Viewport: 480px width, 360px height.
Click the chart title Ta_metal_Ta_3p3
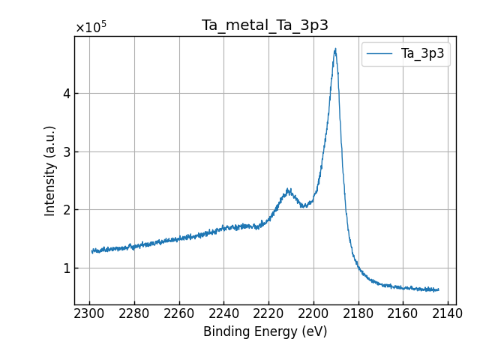(265, 25)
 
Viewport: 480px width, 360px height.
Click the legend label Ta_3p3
(422, 54)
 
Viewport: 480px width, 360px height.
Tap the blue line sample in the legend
(380, 54)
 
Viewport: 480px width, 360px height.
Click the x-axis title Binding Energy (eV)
(265, 331)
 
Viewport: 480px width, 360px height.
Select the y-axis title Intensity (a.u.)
(50, 170)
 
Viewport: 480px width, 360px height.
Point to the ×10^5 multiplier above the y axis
(91, 28)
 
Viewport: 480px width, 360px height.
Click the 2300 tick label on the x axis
(90, 312)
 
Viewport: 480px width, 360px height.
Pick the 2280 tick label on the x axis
(135, 312)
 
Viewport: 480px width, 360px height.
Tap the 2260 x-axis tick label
(179, 312)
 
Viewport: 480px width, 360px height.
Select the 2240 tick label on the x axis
(224, 312)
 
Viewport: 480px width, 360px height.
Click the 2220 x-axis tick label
(269, 312)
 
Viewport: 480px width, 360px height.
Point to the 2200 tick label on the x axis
(314, 312)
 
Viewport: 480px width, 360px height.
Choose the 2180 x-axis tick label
(358, 312)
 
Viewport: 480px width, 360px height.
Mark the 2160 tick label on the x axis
(403, 312)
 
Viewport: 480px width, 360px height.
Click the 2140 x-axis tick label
(448, 312)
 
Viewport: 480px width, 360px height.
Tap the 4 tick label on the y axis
(66, 94)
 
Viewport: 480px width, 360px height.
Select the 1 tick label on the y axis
(66, 268)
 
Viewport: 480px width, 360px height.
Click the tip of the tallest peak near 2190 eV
(335, 49)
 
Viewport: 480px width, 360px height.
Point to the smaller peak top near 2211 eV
(289, 190)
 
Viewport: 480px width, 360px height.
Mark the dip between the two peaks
(303, 206)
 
